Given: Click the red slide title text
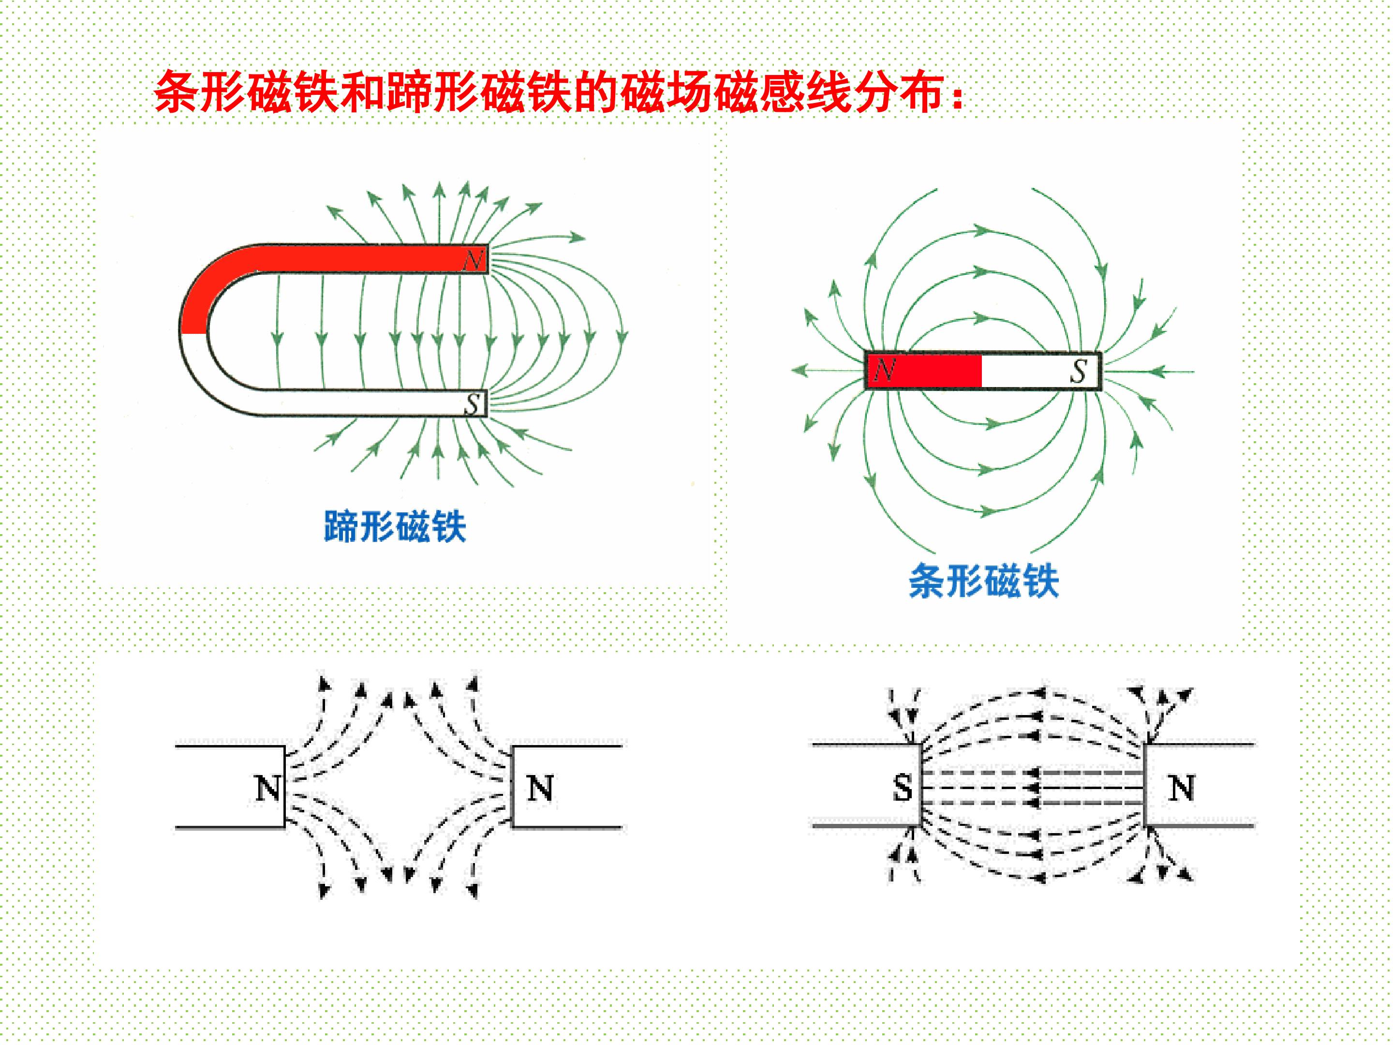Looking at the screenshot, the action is click(559, 92).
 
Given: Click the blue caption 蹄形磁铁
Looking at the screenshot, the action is click(395, 526).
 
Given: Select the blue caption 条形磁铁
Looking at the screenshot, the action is click(984, 580).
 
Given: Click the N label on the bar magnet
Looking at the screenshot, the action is click(884, 370).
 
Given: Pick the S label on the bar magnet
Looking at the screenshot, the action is click(1079, 371).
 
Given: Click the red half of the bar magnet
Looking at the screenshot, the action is click(924, 371).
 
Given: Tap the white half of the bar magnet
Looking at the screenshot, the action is click(1040, 371).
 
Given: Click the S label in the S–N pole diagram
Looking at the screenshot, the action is click(903, 787).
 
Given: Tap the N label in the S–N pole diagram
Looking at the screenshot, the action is click(1182, 787).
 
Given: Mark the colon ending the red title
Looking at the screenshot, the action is click(958, 98).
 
